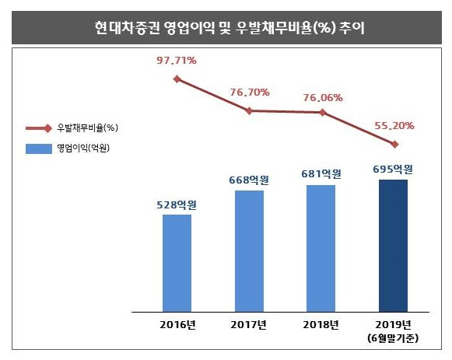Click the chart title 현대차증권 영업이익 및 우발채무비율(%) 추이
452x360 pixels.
pos(230,28)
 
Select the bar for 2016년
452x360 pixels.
pos(177,263)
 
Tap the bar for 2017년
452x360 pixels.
pos(249,251)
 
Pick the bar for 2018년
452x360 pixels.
pos(321,248)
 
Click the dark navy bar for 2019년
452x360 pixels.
pos(393,246)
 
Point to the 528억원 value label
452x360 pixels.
pos(177,204)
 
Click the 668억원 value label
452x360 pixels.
pos(249,180)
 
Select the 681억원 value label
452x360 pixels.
pos(321,173)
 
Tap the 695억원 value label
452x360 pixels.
pos(393,169)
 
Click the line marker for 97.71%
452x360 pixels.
pos(177,79)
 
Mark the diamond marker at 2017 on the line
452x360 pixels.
pos(250,111)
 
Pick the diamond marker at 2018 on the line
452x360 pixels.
pos(323,113)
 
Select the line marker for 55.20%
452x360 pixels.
pos(394,145)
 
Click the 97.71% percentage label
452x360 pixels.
pos(177,61)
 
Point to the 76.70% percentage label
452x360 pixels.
pos(250,93)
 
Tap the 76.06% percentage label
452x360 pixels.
pos(323,98)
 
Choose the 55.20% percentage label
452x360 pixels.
pos(394,125)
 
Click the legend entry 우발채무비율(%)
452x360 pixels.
pos(72,128)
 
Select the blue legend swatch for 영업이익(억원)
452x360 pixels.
pos(39,149)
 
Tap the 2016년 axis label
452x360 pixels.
pos(178,325)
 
